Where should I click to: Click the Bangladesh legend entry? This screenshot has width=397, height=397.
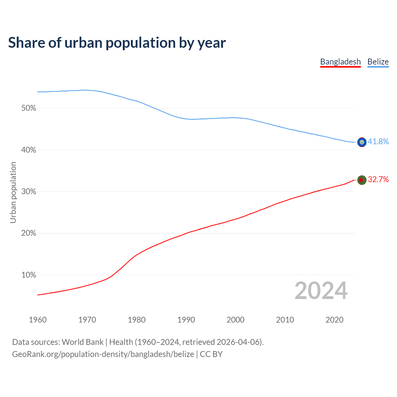tap(340, 62)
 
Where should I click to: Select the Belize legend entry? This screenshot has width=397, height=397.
tap(378, 62)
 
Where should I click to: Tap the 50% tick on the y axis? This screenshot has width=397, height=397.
tap(29, 108)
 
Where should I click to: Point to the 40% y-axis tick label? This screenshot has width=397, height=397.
tap(29, 150)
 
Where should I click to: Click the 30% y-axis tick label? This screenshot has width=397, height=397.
tap(29, 192)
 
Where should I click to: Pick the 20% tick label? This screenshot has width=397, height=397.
tap(29, 233)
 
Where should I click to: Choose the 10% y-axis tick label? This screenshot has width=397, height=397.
tap(29, 275)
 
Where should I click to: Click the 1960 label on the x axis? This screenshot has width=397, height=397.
tap(38, 320)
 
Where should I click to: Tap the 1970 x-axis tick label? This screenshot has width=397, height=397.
tap(87, 320)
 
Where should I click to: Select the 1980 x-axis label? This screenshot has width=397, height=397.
tap(136, 320)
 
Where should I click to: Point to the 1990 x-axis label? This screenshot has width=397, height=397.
tap(186, 320)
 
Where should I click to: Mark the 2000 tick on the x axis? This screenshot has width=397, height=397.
tap(235, 320)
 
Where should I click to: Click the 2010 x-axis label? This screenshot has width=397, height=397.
tap(285, 320)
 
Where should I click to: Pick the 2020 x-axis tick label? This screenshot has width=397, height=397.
tap(334, 320)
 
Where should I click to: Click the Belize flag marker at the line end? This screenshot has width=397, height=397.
tap(362, 142)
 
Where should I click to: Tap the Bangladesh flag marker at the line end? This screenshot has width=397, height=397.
tap(362, 180)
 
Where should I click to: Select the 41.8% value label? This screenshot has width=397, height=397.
tap(378, 141)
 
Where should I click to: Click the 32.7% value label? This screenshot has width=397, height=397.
tap(378, 179)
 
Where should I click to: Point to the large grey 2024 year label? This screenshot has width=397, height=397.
tap(321, 291)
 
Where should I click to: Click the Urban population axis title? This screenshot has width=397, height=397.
tap(13, 192)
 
